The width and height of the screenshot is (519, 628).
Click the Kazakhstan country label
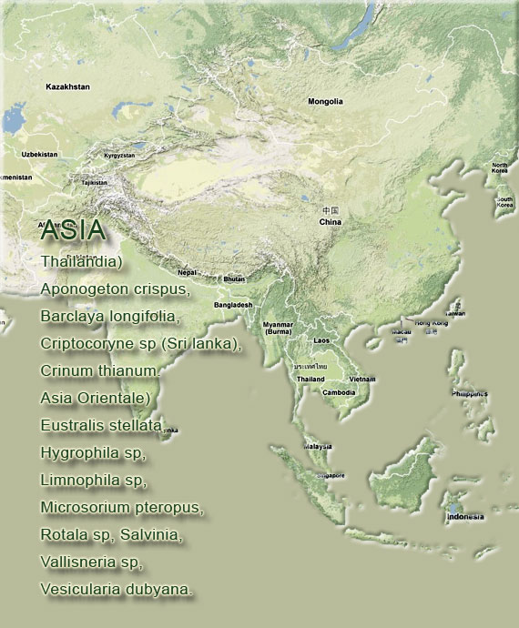67,86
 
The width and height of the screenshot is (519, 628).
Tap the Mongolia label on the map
325,101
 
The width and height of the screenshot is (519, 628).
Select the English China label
330,221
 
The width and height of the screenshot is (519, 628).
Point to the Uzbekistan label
39,154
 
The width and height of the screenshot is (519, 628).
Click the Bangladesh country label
233,305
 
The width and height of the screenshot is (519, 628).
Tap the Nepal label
187,272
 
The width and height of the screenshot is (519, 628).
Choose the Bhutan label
234,279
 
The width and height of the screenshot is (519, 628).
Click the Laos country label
321,339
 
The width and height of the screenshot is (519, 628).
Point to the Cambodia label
339,392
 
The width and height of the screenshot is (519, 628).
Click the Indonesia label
464,517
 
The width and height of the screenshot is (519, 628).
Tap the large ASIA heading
73,231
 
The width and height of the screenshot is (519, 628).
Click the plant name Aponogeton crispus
114,289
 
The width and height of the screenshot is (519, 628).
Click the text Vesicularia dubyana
116,589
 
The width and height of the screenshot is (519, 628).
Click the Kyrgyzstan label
119,156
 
